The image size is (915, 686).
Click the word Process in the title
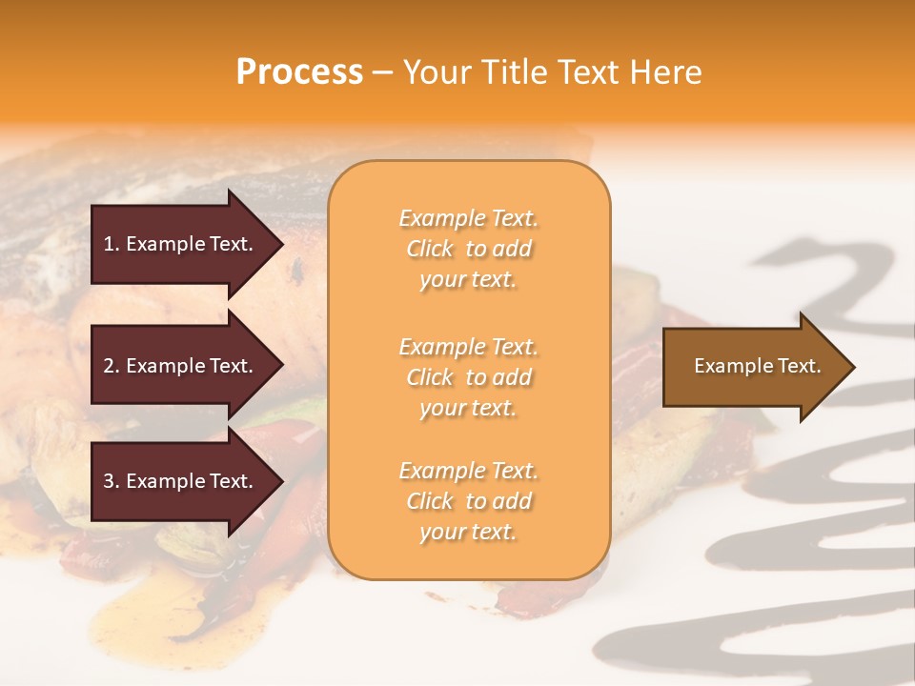click(x=299, y=72)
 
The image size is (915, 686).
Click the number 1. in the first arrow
click(x=112, y=244)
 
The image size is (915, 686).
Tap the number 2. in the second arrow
click(x=112, y=366)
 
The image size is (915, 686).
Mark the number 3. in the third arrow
click(x=112, y=481)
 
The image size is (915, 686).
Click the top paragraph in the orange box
click(x=468, y=249)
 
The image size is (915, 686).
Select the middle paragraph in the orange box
click(x=468, y=377)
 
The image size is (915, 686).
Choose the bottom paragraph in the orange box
click(x=468, y=501)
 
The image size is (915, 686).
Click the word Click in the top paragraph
click(x=430, y=249)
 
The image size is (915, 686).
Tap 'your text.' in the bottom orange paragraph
click(x=468, y=532)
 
